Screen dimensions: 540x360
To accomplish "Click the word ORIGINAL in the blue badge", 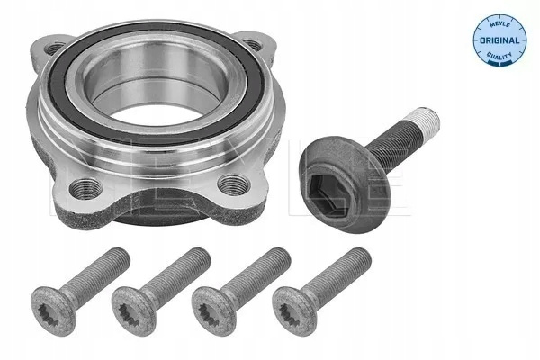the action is [x=499, y=40].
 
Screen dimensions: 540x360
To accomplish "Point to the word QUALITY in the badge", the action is [x=499, y=55].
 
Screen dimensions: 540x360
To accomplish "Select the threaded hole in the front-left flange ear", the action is [x=85, y=188].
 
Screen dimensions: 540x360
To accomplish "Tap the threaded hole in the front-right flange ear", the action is [x=235, y=185].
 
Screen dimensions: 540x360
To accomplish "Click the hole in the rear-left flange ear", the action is [x=54, y=49].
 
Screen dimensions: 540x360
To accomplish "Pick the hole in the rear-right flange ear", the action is [x=253, y=45].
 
